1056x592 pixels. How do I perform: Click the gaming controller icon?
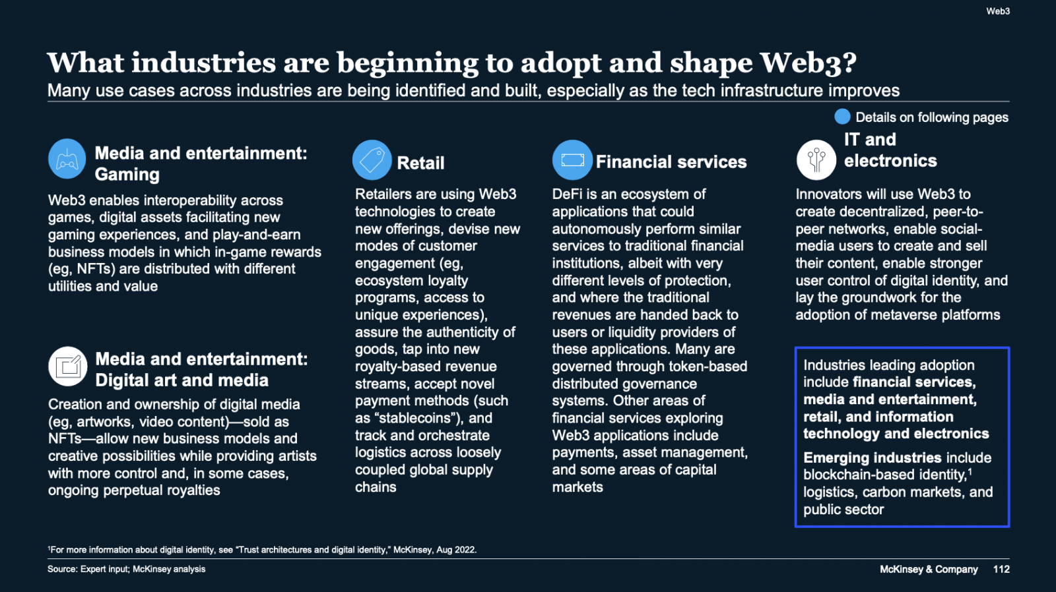(67, 159)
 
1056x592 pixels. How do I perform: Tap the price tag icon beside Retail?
(372, 160)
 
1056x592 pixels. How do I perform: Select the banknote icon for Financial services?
(572, 160)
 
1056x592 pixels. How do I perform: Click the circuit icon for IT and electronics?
(816, 160)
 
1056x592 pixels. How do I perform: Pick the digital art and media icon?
(68, 367)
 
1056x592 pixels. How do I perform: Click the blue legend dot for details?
(842, 117)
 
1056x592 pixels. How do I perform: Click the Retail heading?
(420, 163)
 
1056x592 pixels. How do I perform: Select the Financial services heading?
(671, 162)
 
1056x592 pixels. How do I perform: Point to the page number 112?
(1001, 569)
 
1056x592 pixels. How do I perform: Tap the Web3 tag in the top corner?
(998, 11)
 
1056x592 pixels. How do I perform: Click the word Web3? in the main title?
(808, 63)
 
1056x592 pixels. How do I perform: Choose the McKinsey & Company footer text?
(929, 569)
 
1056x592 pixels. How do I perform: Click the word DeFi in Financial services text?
(568, 194)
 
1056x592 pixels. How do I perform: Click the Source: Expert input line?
(126, 569)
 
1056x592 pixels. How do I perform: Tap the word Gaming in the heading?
(127, 175)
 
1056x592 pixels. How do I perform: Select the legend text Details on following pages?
(932, 117)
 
